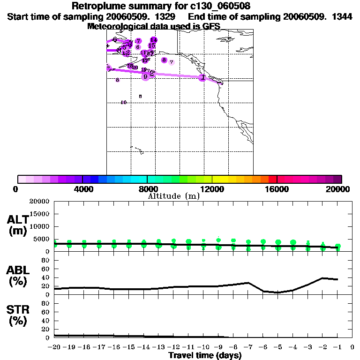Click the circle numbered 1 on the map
pos(202,77)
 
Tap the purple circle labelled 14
pos(153,40)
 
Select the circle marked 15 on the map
pos(151,45)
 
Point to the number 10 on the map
pos(124,102)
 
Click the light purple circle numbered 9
pos(146,76)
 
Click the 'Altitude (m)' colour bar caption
pos(173,196)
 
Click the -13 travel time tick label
pos(158,348)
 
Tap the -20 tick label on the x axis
pos(54,348)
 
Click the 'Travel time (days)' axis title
pos(205,356)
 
